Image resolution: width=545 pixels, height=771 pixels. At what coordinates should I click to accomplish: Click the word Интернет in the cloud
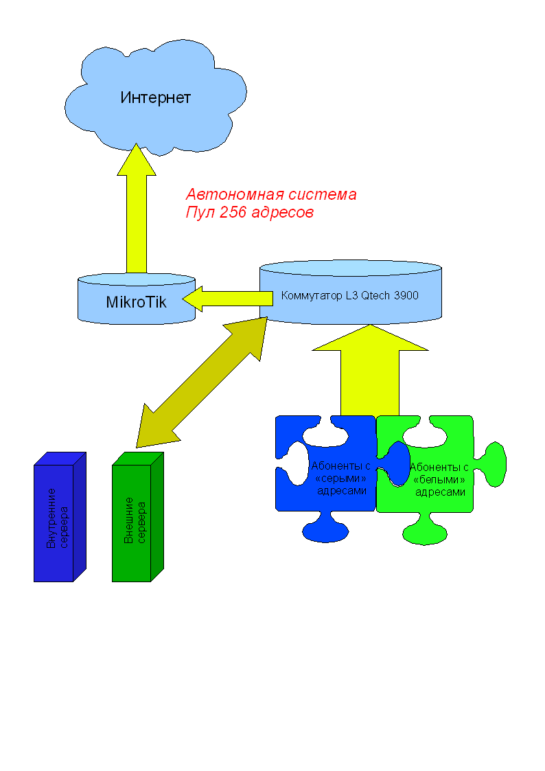coord(155,97)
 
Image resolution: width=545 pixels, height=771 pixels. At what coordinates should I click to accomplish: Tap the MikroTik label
coord(136,301)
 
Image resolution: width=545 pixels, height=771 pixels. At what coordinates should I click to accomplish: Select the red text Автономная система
coord(271,194)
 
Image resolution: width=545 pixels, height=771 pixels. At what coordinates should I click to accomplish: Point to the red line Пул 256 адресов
coord(249,213)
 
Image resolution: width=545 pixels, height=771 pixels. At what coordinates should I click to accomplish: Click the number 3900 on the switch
coord(405,296)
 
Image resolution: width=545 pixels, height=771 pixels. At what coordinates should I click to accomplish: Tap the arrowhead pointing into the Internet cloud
coord(136,161)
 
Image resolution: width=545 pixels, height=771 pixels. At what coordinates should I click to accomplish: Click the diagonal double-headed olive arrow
coord(202,381)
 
